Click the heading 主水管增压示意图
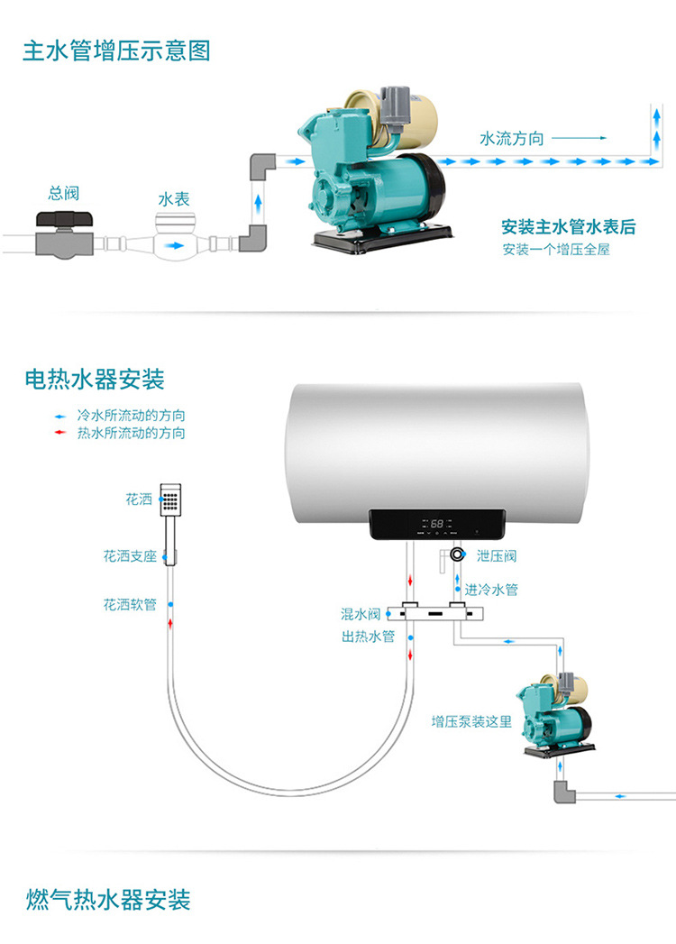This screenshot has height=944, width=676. pos(116,50)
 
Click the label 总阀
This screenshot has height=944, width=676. pos(63,193)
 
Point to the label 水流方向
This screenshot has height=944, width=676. pos(512,138)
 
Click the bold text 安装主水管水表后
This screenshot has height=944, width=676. pos(569,226)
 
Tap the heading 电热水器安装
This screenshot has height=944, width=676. pos(95,380)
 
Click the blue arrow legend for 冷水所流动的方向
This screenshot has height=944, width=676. pos(60,417)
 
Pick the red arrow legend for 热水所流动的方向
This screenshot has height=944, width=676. pos(60,433)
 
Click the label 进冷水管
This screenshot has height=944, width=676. pos(491,590)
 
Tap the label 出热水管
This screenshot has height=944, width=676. pos(368,637)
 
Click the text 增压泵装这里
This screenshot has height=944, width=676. pos(470,721)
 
